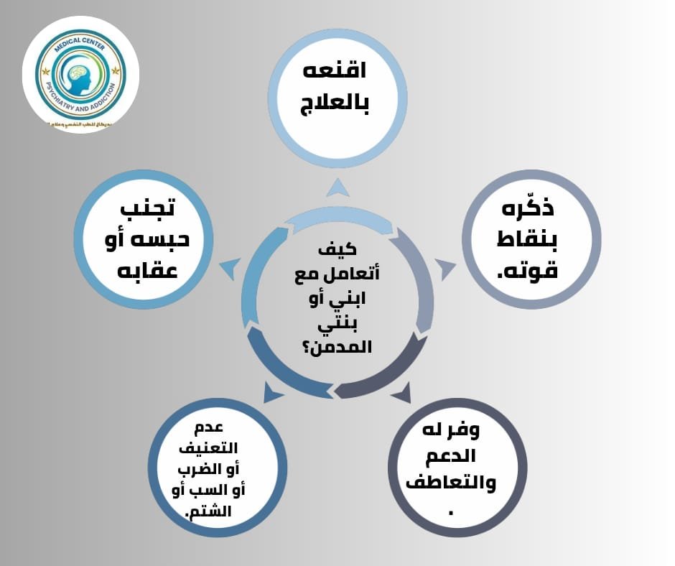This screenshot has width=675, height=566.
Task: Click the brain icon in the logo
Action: click(x=80, y=75)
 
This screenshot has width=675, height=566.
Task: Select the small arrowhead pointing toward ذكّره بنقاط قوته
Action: click(x=445, y=269)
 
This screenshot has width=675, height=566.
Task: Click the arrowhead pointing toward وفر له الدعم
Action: click(x=401, y=391)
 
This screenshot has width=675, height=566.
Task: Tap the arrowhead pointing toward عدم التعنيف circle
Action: click(x=274, y=391)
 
